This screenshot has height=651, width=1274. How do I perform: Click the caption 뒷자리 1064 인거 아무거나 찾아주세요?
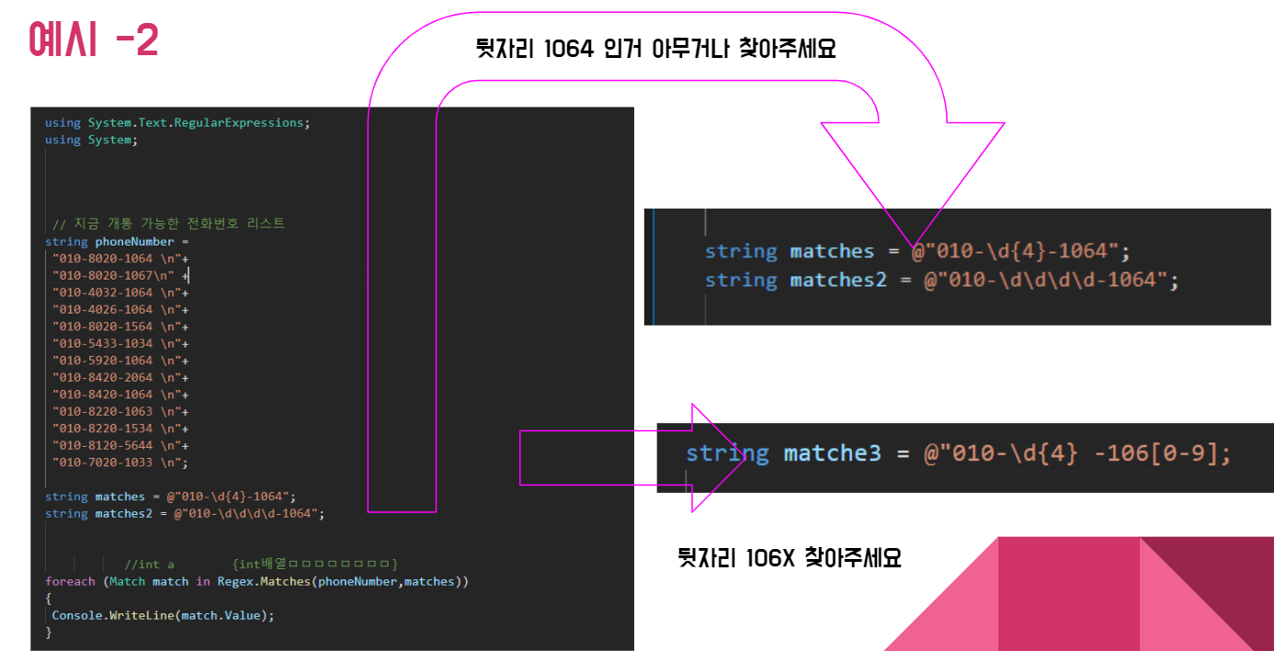click(x=655, y=49)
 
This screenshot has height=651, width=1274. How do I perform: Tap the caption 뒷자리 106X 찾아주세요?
click(x=789, y=557)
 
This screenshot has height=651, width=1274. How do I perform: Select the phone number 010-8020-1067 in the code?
click(x=103, y=275)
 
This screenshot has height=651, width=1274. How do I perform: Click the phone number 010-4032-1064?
click(x=103, y=292)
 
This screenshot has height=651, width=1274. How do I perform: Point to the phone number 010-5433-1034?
click(x=103, y=343)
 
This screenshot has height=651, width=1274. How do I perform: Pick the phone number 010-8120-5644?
click(x=103, y=445)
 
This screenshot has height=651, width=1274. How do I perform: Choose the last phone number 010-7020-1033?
click(x=103, y=463)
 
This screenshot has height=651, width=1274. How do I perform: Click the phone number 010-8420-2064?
click(x=103, y=377)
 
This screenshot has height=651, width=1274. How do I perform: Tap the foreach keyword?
click(x=70, y=581)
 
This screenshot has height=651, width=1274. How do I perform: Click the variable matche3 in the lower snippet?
click(x=832, y=452)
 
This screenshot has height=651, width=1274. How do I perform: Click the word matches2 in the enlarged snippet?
click(x=838, y=280)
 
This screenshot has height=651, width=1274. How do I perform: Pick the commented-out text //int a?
click(x=149, y=564)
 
